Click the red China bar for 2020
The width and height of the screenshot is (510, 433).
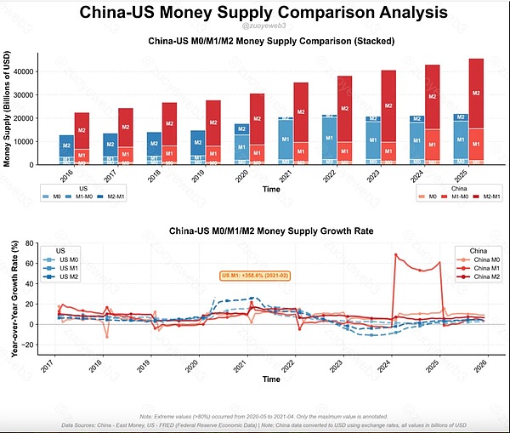[257, 128]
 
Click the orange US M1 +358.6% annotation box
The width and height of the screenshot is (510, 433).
[255, 276]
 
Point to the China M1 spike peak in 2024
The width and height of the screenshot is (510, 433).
[395, 254]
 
